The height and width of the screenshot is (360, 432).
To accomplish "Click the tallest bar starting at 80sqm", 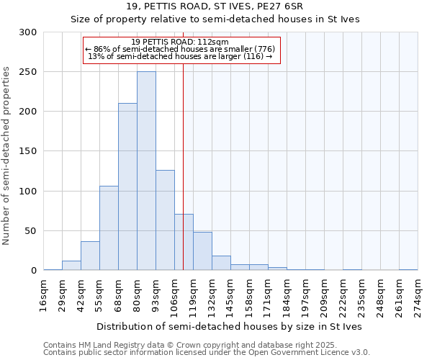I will pos(146,171).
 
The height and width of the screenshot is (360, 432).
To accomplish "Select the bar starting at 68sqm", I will pos(127,187).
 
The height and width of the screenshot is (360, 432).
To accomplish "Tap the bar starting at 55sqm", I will pos(109,228).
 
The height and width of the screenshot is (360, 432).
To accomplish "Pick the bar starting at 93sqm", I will pos(165,220).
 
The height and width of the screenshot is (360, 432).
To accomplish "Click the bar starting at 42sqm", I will pos(90,256).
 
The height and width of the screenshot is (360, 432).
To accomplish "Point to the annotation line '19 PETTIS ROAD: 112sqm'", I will pos(180,42).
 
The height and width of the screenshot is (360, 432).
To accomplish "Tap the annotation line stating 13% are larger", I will pos(180,56).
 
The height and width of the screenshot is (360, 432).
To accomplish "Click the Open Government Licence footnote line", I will pos(207,353).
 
